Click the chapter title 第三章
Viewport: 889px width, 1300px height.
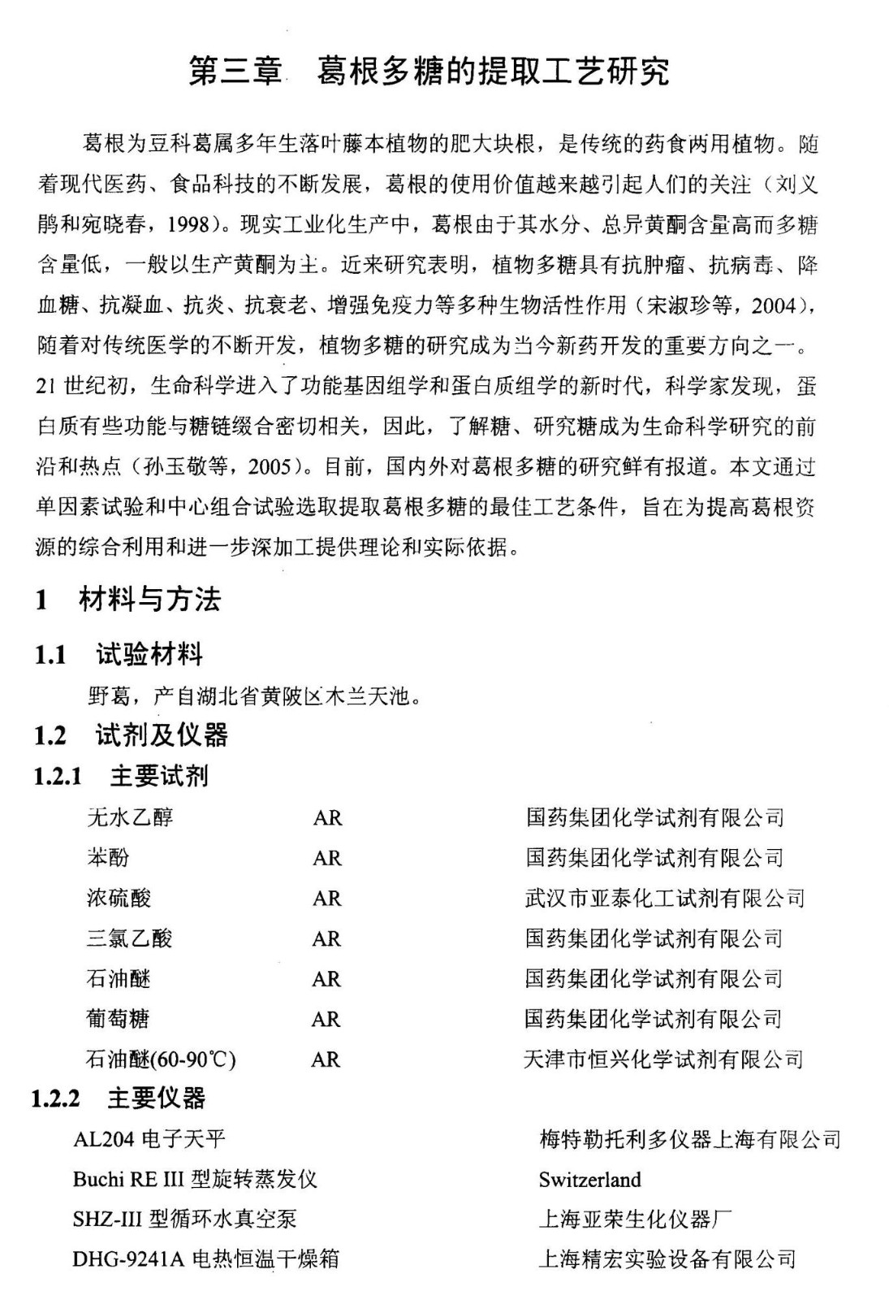coord(236,71)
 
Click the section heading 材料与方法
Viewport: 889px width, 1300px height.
coord(149,600)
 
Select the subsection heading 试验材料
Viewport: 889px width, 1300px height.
coord(149,654)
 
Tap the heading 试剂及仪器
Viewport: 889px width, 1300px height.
coord(162,734)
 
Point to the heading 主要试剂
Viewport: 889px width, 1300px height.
coord(159,776)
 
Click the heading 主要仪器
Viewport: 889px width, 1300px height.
coord(157,1098)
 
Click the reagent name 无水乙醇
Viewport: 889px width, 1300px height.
coord(130,817)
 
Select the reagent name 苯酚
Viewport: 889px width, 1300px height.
coord(108,857)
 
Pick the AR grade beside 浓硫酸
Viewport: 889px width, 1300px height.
coord(327,898)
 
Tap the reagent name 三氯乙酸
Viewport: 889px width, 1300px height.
coord(129,938)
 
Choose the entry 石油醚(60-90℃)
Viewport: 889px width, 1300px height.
coord(161,1059)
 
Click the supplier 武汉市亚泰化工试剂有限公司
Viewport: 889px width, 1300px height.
coord(664,898)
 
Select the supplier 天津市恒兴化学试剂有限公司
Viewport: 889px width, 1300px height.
coord(663,1059)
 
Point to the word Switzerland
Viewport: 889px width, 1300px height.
coord(589,1180)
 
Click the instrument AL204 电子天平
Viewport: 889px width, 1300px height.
coord(149,1139)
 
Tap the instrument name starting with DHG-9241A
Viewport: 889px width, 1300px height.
coord(205,1259)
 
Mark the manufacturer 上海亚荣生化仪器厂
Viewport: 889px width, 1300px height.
coord(636,1220)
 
